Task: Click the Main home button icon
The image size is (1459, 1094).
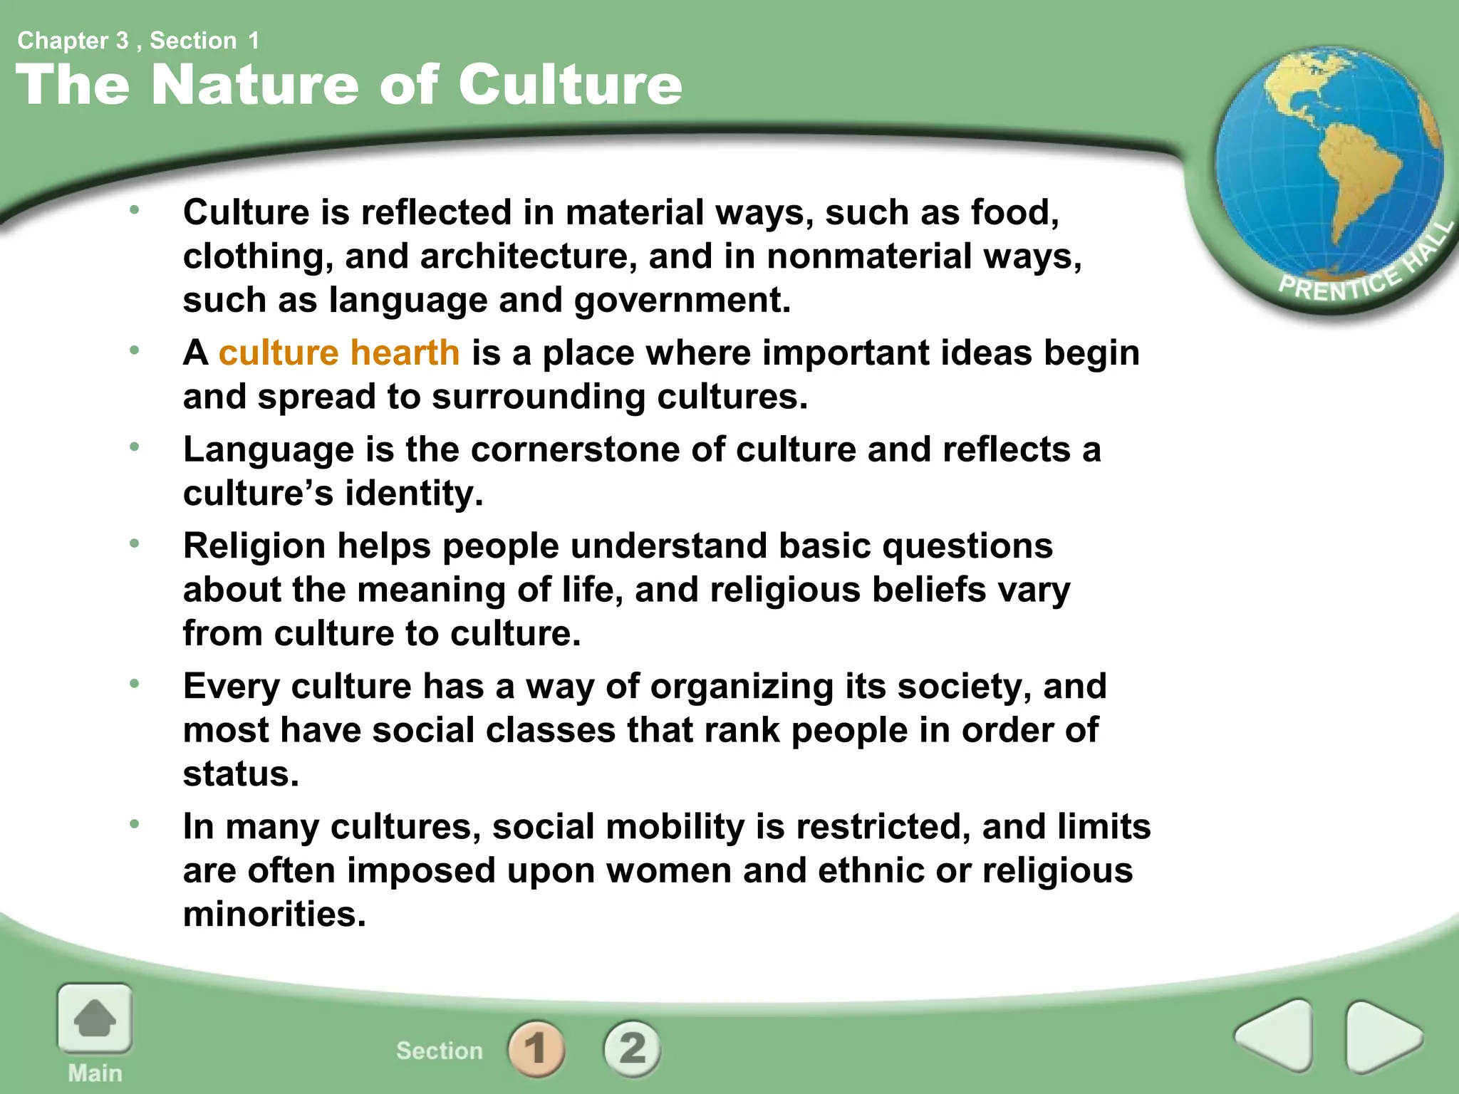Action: coord(95,1019)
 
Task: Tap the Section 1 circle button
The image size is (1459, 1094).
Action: coord(536,1048)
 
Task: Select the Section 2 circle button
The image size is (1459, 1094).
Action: coord(632,1048)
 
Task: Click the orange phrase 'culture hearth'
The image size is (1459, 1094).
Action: coord(339,353)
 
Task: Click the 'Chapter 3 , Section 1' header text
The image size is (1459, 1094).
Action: coord(138,41)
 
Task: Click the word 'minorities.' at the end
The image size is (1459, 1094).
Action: coord(274,914)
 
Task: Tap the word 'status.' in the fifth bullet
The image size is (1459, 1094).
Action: coord(241,774)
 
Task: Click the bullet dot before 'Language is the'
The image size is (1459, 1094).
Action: coord(134,447)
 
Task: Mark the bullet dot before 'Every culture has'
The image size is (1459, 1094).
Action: coord(134,684)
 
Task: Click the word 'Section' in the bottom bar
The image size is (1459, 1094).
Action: coord(440,1051)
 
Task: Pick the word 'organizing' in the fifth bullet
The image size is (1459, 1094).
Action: coord(742,687)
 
